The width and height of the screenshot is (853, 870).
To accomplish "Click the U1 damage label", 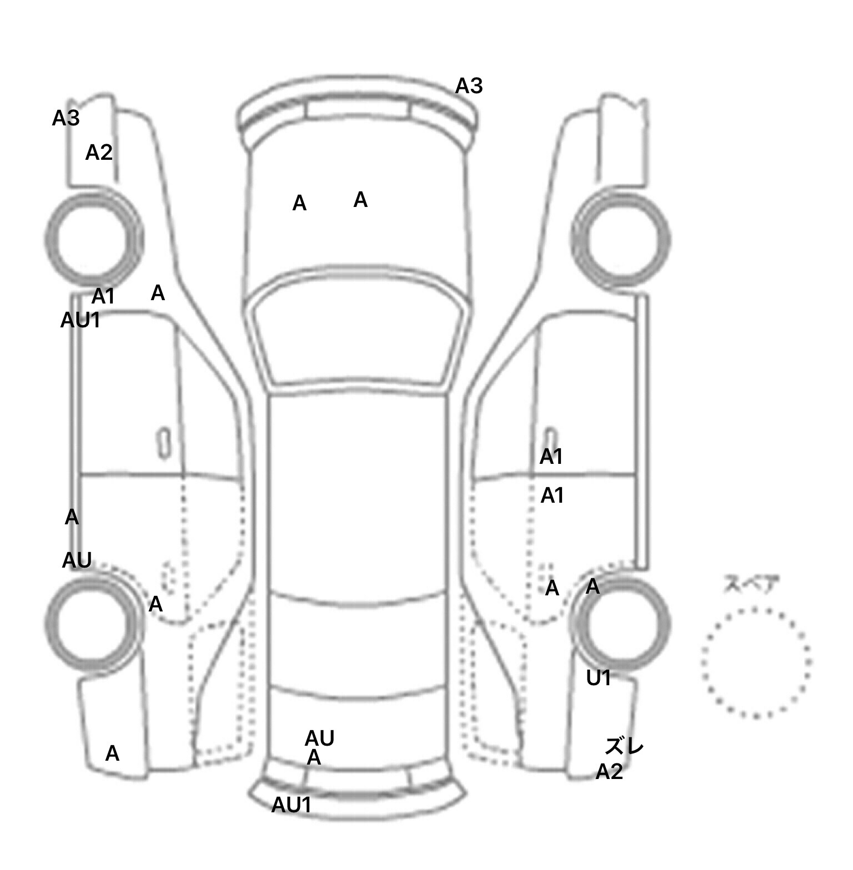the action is pyautogui.click(x=599, y=677).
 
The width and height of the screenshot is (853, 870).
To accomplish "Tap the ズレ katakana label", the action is pyautogui.click(x=624, y=747).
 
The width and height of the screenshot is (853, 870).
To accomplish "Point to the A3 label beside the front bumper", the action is pyautogui.click(x=469, y=86).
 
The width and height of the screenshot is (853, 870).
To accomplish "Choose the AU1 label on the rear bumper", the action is pyautogui.click(x=291, y=805).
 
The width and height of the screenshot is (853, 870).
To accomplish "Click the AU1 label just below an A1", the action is pyautogui.click(x=81, y=320).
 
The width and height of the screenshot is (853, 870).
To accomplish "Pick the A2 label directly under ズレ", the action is pyautogui.click(x=609, y=771).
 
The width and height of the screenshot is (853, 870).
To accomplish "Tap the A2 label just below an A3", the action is pyautogui.click(x=99, y=152).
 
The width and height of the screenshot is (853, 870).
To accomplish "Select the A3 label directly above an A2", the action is pyautogui.click(x=66, y=118).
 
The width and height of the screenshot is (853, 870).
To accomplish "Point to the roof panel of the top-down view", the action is pyautogui.click(x=358, y=494).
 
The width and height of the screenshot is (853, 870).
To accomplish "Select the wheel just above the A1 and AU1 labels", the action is pyautogui.click(x=93, y=239).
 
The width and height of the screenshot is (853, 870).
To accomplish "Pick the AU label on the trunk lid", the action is pyautogui.click(x=319, y=739).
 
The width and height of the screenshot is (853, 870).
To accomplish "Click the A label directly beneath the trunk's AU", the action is pyautogui.click(x=314, y=757).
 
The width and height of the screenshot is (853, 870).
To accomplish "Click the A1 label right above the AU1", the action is pyautogui.click(x=103, y=297).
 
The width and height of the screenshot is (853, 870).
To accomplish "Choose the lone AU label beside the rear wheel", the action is pyautogui.click(x=77, y=560).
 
